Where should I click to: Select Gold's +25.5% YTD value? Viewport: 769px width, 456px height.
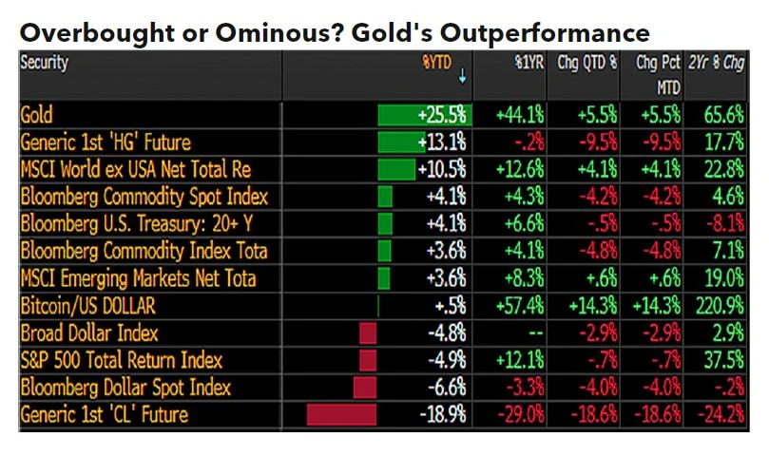442,116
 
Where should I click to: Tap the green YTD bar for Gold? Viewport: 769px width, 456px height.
396,116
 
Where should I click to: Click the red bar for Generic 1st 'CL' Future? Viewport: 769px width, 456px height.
342,415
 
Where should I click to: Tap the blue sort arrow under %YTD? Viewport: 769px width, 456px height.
463,81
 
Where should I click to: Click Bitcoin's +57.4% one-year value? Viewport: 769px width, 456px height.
520,306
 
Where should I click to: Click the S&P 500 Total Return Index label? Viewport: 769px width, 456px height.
121,361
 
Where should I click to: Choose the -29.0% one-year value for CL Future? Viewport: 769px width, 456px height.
520,415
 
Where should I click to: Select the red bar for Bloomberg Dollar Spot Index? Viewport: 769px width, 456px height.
365,388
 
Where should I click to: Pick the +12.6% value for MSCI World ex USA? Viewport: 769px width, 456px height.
520,170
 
